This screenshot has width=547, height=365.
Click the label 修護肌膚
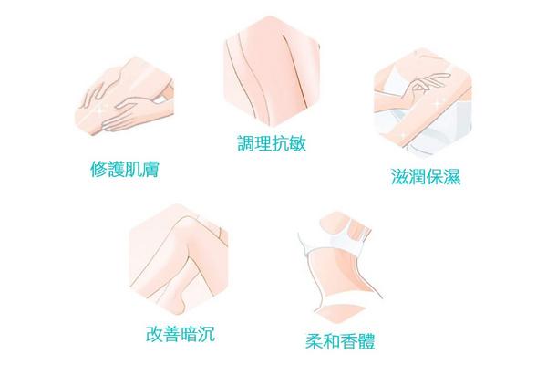pyautogui.click(x=125, y=170)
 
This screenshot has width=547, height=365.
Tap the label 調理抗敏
pyautogui.click(x=272, y=143)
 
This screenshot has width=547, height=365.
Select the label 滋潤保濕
pyautogui.click(x=426, y=176)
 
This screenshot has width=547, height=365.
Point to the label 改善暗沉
pyautogui.click(x=181, y=334)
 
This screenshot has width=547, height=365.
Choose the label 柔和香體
pyautogui.click(x=340, y=341)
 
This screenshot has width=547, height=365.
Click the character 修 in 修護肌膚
pyautogui.click(x=99, y=170)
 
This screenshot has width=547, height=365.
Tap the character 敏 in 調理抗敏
pyautogui.click(x=297, y=143)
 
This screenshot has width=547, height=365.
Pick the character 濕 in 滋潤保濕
pyautogui.click(x=452, y=176)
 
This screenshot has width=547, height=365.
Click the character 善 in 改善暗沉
pyautogui.click(x=171, y=334)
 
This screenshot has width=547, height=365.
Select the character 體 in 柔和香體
pyautogui.click(x=366, y=341)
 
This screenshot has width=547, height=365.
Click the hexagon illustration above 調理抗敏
pyautogui.click(x=272, y=71)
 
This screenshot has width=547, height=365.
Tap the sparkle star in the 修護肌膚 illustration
pyautogui.click(x=101, y=107)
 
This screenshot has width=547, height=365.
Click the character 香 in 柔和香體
pyautogui.click(x=349, y=341)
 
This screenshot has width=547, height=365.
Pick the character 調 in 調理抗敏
pyautogui.click(x=246, y=143)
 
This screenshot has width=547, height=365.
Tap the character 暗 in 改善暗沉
pyautogui.click(x=189, y=334)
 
